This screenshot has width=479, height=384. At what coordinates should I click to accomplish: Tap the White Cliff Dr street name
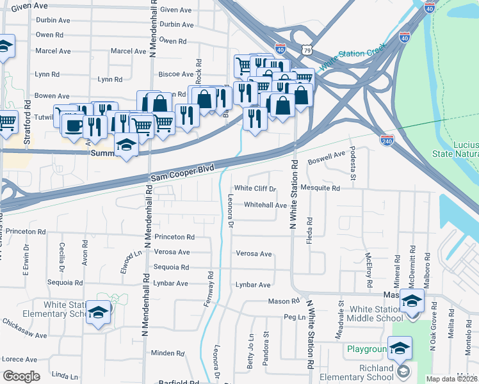(255, 189)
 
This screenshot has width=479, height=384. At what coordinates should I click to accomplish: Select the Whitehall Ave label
(265, 205)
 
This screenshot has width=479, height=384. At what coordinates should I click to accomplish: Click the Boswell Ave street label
(326, 157)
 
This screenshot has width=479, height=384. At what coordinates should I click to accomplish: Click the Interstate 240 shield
(387, 139)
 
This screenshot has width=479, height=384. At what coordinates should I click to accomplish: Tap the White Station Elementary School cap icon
(98, 312)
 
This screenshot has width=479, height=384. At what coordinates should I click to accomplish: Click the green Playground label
(367, 349)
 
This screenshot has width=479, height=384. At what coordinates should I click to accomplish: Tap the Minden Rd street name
(168, 353)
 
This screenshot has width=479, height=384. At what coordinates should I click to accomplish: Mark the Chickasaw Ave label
(24, 332)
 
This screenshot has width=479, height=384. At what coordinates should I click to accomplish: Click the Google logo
(21, 376)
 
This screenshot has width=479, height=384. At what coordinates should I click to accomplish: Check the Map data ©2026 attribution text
(451, 379)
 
